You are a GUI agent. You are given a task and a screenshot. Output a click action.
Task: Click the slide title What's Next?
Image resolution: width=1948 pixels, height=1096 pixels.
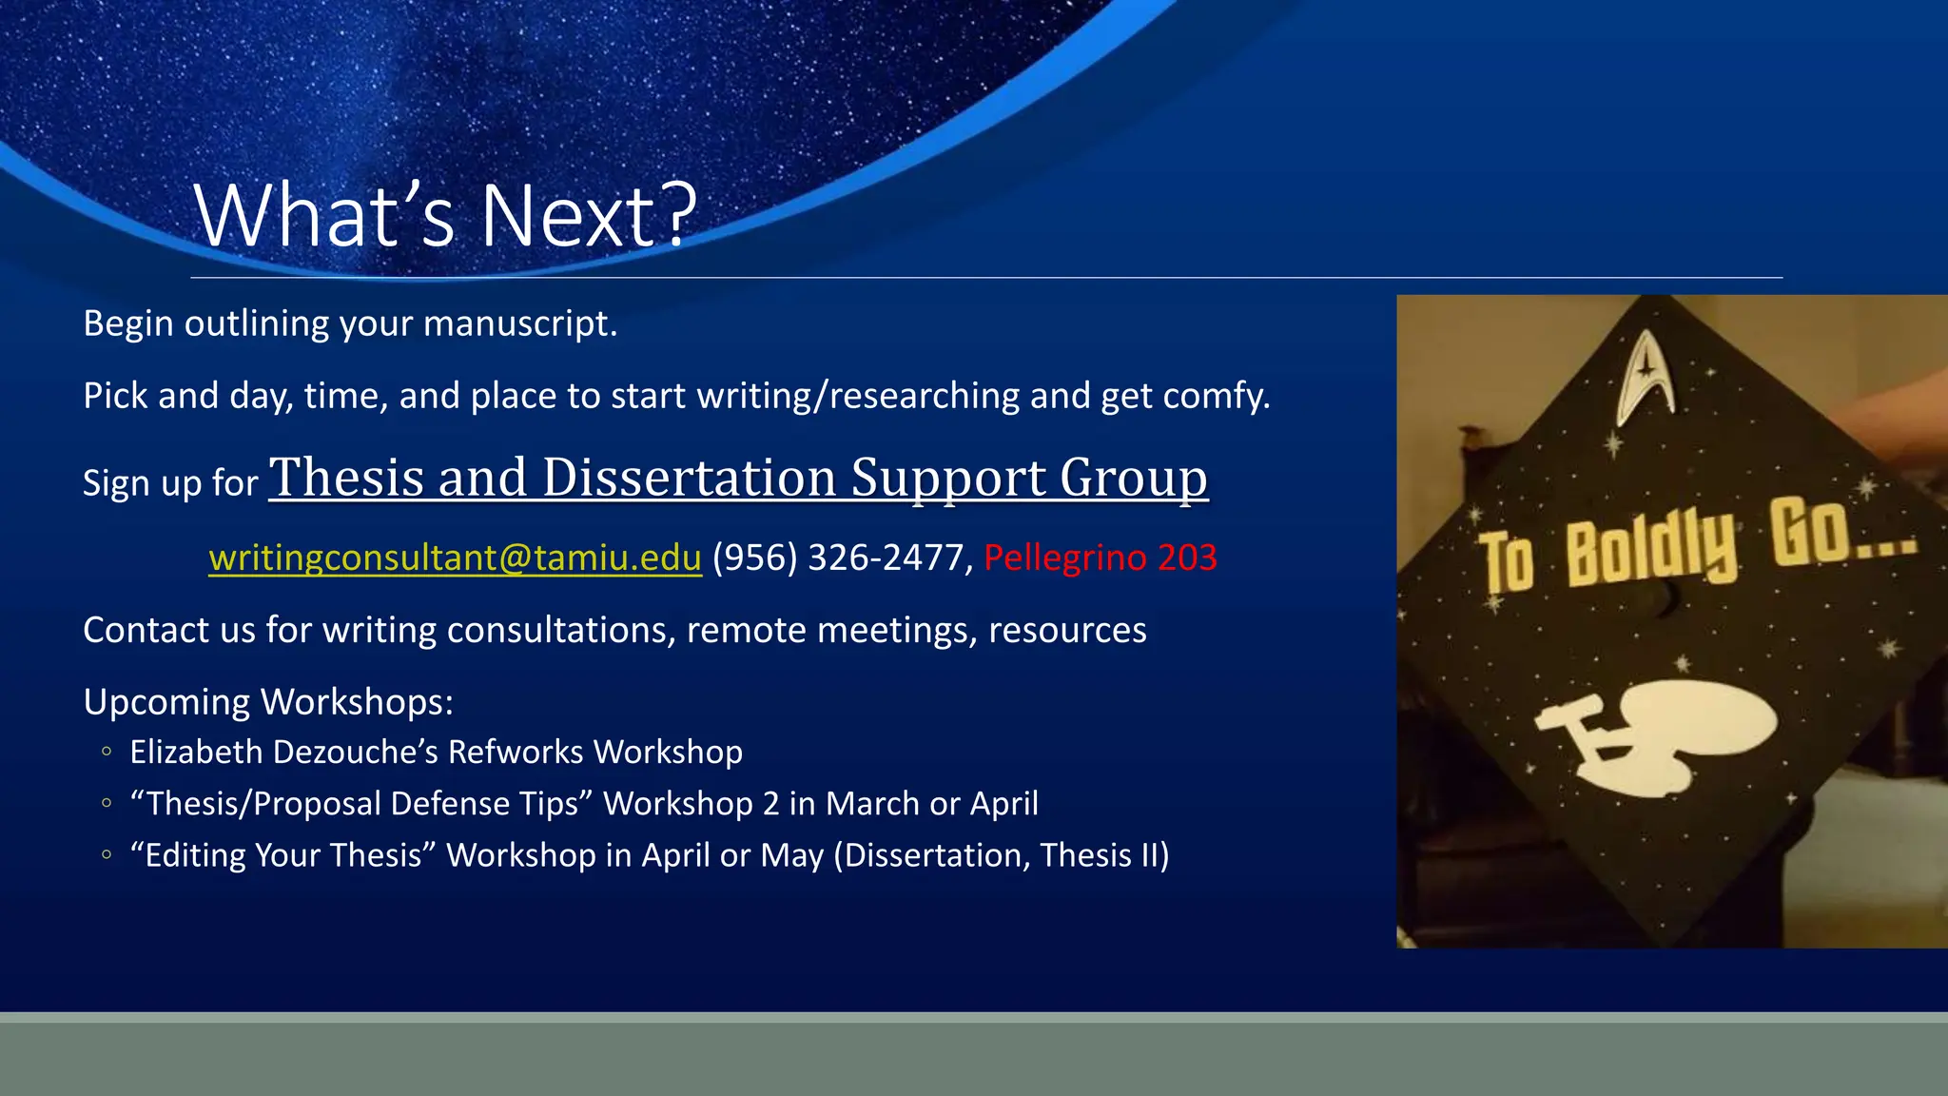pos(445,217)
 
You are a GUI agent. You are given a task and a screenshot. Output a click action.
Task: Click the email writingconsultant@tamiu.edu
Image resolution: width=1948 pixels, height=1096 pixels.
pos(455,558)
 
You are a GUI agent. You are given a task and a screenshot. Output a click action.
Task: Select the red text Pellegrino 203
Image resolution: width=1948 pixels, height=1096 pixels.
pos(1100,558)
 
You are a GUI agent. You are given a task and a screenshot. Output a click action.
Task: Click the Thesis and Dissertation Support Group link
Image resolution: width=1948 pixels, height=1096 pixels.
pos(738,478)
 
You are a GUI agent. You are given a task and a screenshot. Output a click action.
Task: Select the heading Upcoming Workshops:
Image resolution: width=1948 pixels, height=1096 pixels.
pos(268,702)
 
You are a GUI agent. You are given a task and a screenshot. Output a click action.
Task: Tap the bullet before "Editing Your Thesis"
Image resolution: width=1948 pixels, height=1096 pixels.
pos(107,854)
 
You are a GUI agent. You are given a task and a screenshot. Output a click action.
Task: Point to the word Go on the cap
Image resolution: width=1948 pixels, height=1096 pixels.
pos(1806,533)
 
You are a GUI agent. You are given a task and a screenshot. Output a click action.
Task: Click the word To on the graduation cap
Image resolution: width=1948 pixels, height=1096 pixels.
pos(1507,561)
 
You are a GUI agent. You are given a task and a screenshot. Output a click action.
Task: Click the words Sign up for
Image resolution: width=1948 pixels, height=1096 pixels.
pos(170,483)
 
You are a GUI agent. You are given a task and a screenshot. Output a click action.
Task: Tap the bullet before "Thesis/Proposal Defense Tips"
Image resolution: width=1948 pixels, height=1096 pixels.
pos(107,803)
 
